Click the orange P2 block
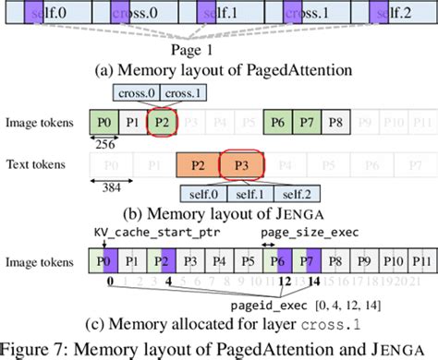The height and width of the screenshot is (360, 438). (x=196, y=167)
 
